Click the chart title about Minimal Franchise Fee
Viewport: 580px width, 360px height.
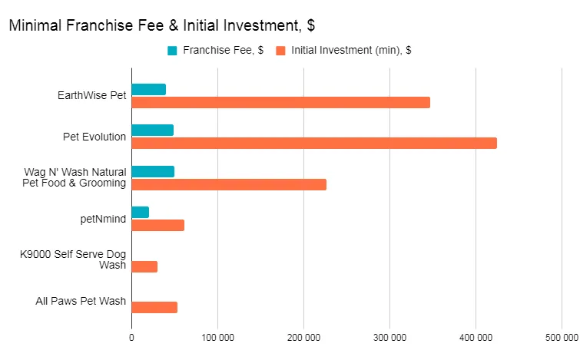click(x=161, y=25)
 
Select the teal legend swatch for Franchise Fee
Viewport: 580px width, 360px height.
click(x=172, y=51)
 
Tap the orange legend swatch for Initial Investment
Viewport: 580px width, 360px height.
click(x=281, y=51)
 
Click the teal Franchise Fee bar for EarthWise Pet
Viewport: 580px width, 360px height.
click(x=148, y=89)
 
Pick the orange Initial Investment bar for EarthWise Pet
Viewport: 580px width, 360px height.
click(x=280, y=102)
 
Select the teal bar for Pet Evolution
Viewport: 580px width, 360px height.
click(x=152, y=130)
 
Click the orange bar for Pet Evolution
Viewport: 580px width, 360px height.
click(x=314, y=143)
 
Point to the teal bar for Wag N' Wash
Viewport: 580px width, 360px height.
click(x=153, y=171)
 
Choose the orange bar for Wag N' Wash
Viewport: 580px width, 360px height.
click(x=229, y=184)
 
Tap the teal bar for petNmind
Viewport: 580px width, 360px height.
click(x=140, y=212)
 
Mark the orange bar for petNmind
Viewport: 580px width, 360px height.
click(x=157, y=225)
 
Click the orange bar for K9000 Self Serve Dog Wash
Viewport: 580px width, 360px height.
click(x=144, y=266)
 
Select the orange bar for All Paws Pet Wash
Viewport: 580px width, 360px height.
click(x=154, y=307)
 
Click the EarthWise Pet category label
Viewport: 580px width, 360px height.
click(x=91, y=96)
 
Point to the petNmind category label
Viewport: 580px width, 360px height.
click(x=103, y=219)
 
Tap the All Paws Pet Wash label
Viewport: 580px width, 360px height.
click(x=81, y=301)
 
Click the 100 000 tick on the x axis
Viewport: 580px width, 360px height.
click(x=217, y=337)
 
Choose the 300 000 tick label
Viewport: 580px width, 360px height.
click(x=389, y=337)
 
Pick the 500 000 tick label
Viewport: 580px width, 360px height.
click(x=561, y=337)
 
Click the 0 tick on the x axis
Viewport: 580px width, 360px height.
click(x=131, y=337)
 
